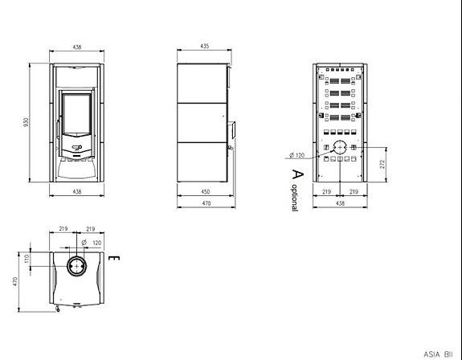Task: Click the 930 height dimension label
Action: pyautogui.click(x=26, y=121)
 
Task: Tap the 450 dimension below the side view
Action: pyautogui.click(x=205, y=192)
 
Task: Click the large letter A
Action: pyautogui.click(x=298, y=174)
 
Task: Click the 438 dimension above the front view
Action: pyautogui.click(x=78, y=47)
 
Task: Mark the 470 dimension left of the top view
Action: pyautogui.click(x=14, y=281)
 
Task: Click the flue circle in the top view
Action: pyautogui.click(x=78, y=264)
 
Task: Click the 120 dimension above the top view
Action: pyautogui.click(x=97, y=241)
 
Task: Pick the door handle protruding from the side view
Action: pyautogui.click(x=230, y=129)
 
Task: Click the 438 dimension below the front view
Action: pyautogui.click(x=78, y=192)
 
